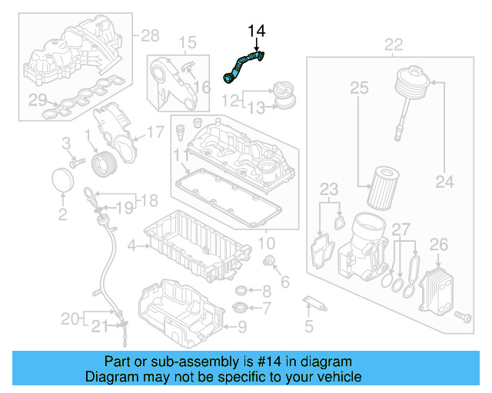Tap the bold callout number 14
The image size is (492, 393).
[256, 31]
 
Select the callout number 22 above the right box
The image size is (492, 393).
[393, 44]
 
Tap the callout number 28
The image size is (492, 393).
[149, 35]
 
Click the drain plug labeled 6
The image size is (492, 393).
[269, 264]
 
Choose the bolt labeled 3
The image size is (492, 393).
[76, 162]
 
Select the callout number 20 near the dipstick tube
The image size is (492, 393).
[70, 318]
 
